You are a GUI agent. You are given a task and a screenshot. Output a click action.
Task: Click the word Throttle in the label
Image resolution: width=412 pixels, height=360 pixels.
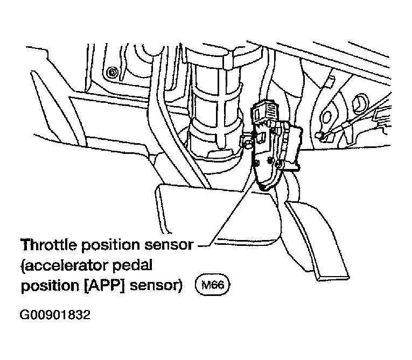pyautogui.click(x=49, y=245)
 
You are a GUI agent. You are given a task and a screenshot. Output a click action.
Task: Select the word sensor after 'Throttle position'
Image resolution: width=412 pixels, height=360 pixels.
pyautogui.click(x=170, y=245)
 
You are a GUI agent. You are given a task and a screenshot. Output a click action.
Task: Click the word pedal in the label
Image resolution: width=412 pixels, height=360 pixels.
pyautogui.click(x=132, y=266)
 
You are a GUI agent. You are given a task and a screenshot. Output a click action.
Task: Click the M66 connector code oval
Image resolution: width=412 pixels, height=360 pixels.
pyautogui.click(x=213, y=285)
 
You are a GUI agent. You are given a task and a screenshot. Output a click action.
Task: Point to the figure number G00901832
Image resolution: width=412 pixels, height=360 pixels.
pyautogui.click(x=55, y=315)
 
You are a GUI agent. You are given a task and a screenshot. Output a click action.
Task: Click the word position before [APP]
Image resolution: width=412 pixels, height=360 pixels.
pyautogui.click(x=50, y=286)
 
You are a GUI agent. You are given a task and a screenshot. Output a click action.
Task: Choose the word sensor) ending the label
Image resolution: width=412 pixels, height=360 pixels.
pyautogui.click(x=156, y=286)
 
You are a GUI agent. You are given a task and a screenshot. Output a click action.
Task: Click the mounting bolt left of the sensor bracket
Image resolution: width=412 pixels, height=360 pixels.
pyautogui.click(x=247, y=143)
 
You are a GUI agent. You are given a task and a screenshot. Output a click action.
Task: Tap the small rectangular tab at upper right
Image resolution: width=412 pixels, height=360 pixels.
pyautogui.click(x=330, y=81)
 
